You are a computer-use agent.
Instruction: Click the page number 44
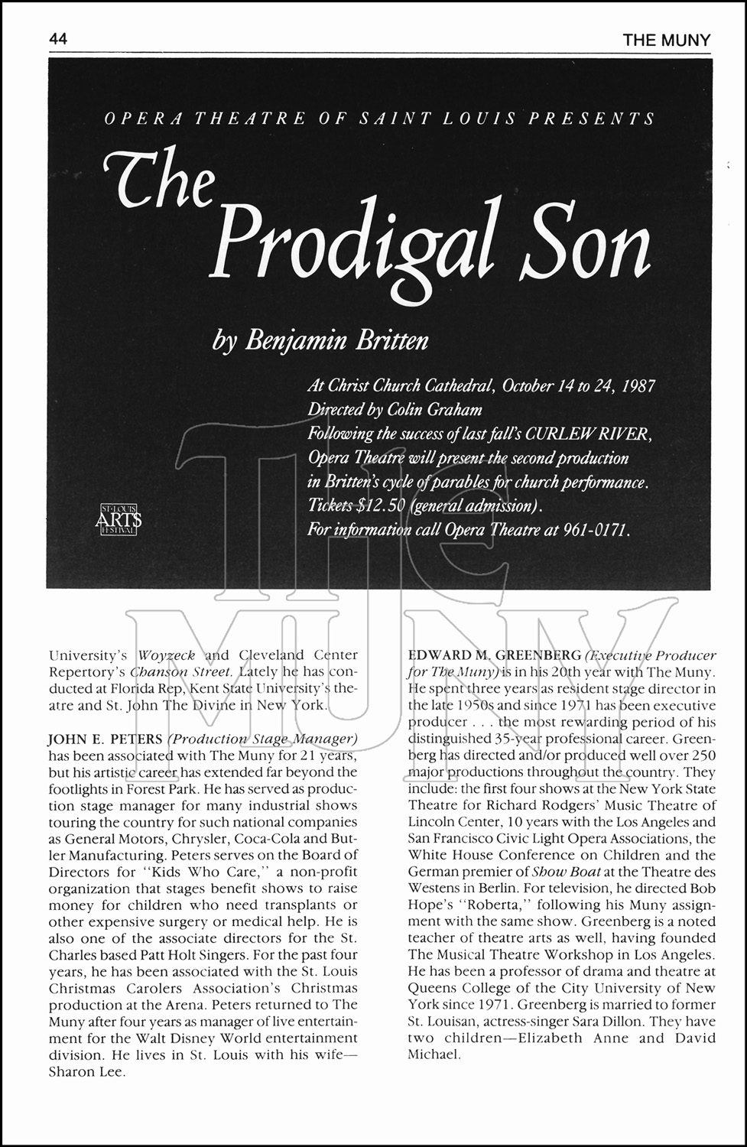coord(58,39)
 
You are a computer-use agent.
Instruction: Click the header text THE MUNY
coord(666,40)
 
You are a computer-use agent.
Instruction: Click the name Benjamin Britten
coord(336,340)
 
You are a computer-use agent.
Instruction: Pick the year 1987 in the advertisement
coord(636,385)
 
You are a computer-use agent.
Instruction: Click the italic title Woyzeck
coord(168,655)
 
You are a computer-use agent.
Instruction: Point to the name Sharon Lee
coord(86,1071)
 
